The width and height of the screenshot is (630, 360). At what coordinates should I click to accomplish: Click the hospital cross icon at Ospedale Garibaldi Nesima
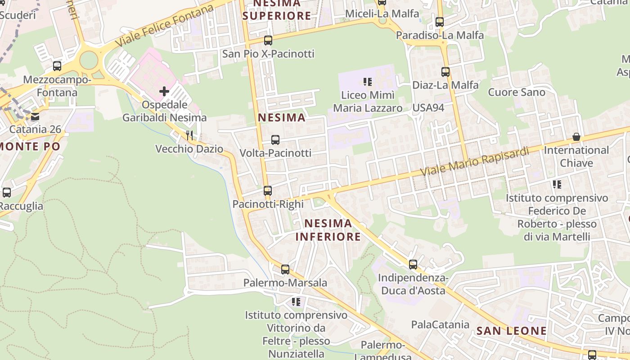(x=164, y=91)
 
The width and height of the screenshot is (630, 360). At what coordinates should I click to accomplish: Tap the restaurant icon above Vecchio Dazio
(x=189, y=135)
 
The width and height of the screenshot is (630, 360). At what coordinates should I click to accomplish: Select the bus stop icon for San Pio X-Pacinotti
(x=268, y=40)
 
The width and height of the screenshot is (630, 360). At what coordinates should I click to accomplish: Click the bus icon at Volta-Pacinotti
(x=275, y=139)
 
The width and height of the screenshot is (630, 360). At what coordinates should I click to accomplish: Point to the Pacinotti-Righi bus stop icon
(x=268, y=191)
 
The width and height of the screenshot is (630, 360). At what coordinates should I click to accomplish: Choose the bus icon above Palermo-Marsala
(x=285, y=270)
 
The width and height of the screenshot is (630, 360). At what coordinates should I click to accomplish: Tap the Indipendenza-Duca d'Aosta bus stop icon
(x=413, y=265)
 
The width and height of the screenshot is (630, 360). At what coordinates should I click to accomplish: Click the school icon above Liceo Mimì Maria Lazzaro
(x=368, y=82)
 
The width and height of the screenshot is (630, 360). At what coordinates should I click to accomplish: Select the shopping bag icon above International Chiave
(x=576, y=136)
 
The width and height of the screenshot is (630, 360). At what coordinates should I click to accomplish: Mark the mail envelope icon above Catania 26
(x=35, y=117)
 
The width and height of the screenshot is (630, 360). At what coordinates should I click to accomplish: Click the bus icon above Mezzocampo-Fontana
(x=57, y=66)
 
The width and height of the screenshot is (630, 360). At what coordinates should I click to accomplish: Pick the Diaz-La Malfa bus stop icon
(x=445, y=72)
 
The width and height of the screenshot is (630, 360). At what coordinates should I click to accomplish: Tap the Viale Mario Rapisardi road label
(x=475, y=162)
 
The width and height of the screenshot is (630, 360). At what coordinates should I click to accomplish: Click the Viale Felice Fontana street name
(x=164, y=26)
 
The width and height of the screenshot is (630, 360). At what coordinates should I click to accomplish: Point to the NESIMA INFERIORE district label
(x=328, y=230)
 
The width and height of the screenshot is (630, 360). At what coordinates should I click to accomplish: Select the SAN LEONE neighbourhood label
(x=512, y=331)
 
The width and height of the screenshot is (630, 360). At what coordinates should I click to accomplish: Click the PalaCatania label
(x=440, y=324)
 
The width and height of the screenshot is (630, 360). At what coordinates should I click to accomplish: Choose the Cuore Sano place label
(x=517, y=92)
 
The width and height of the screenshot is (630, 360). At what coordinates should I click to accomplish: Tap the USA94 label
(x=428, y=108)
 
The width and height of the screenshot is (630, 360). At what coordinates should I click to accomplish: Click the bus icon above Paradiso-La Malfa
(x=440, y=22)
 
